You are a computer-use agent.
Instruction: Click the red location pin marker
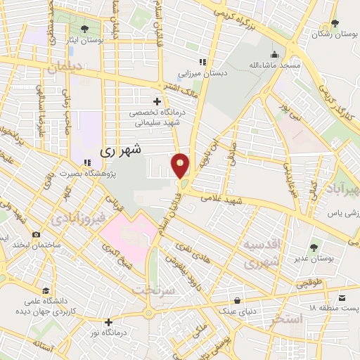pos(181,166)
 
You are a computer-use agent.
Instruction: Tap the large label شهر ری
pos(121,149)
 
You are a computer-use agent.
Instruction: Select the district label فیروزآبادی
pos(78,219)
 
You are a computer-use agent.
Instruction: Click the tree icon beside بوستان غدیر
pos(313,247)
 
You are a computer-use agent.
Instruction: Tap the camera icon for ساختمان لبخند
pos(36,233)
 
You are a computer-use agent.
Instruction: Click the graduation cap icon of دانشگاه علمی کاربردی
pos(46,290)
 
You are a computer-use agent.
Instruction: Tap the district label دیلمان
pos(65,68)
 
